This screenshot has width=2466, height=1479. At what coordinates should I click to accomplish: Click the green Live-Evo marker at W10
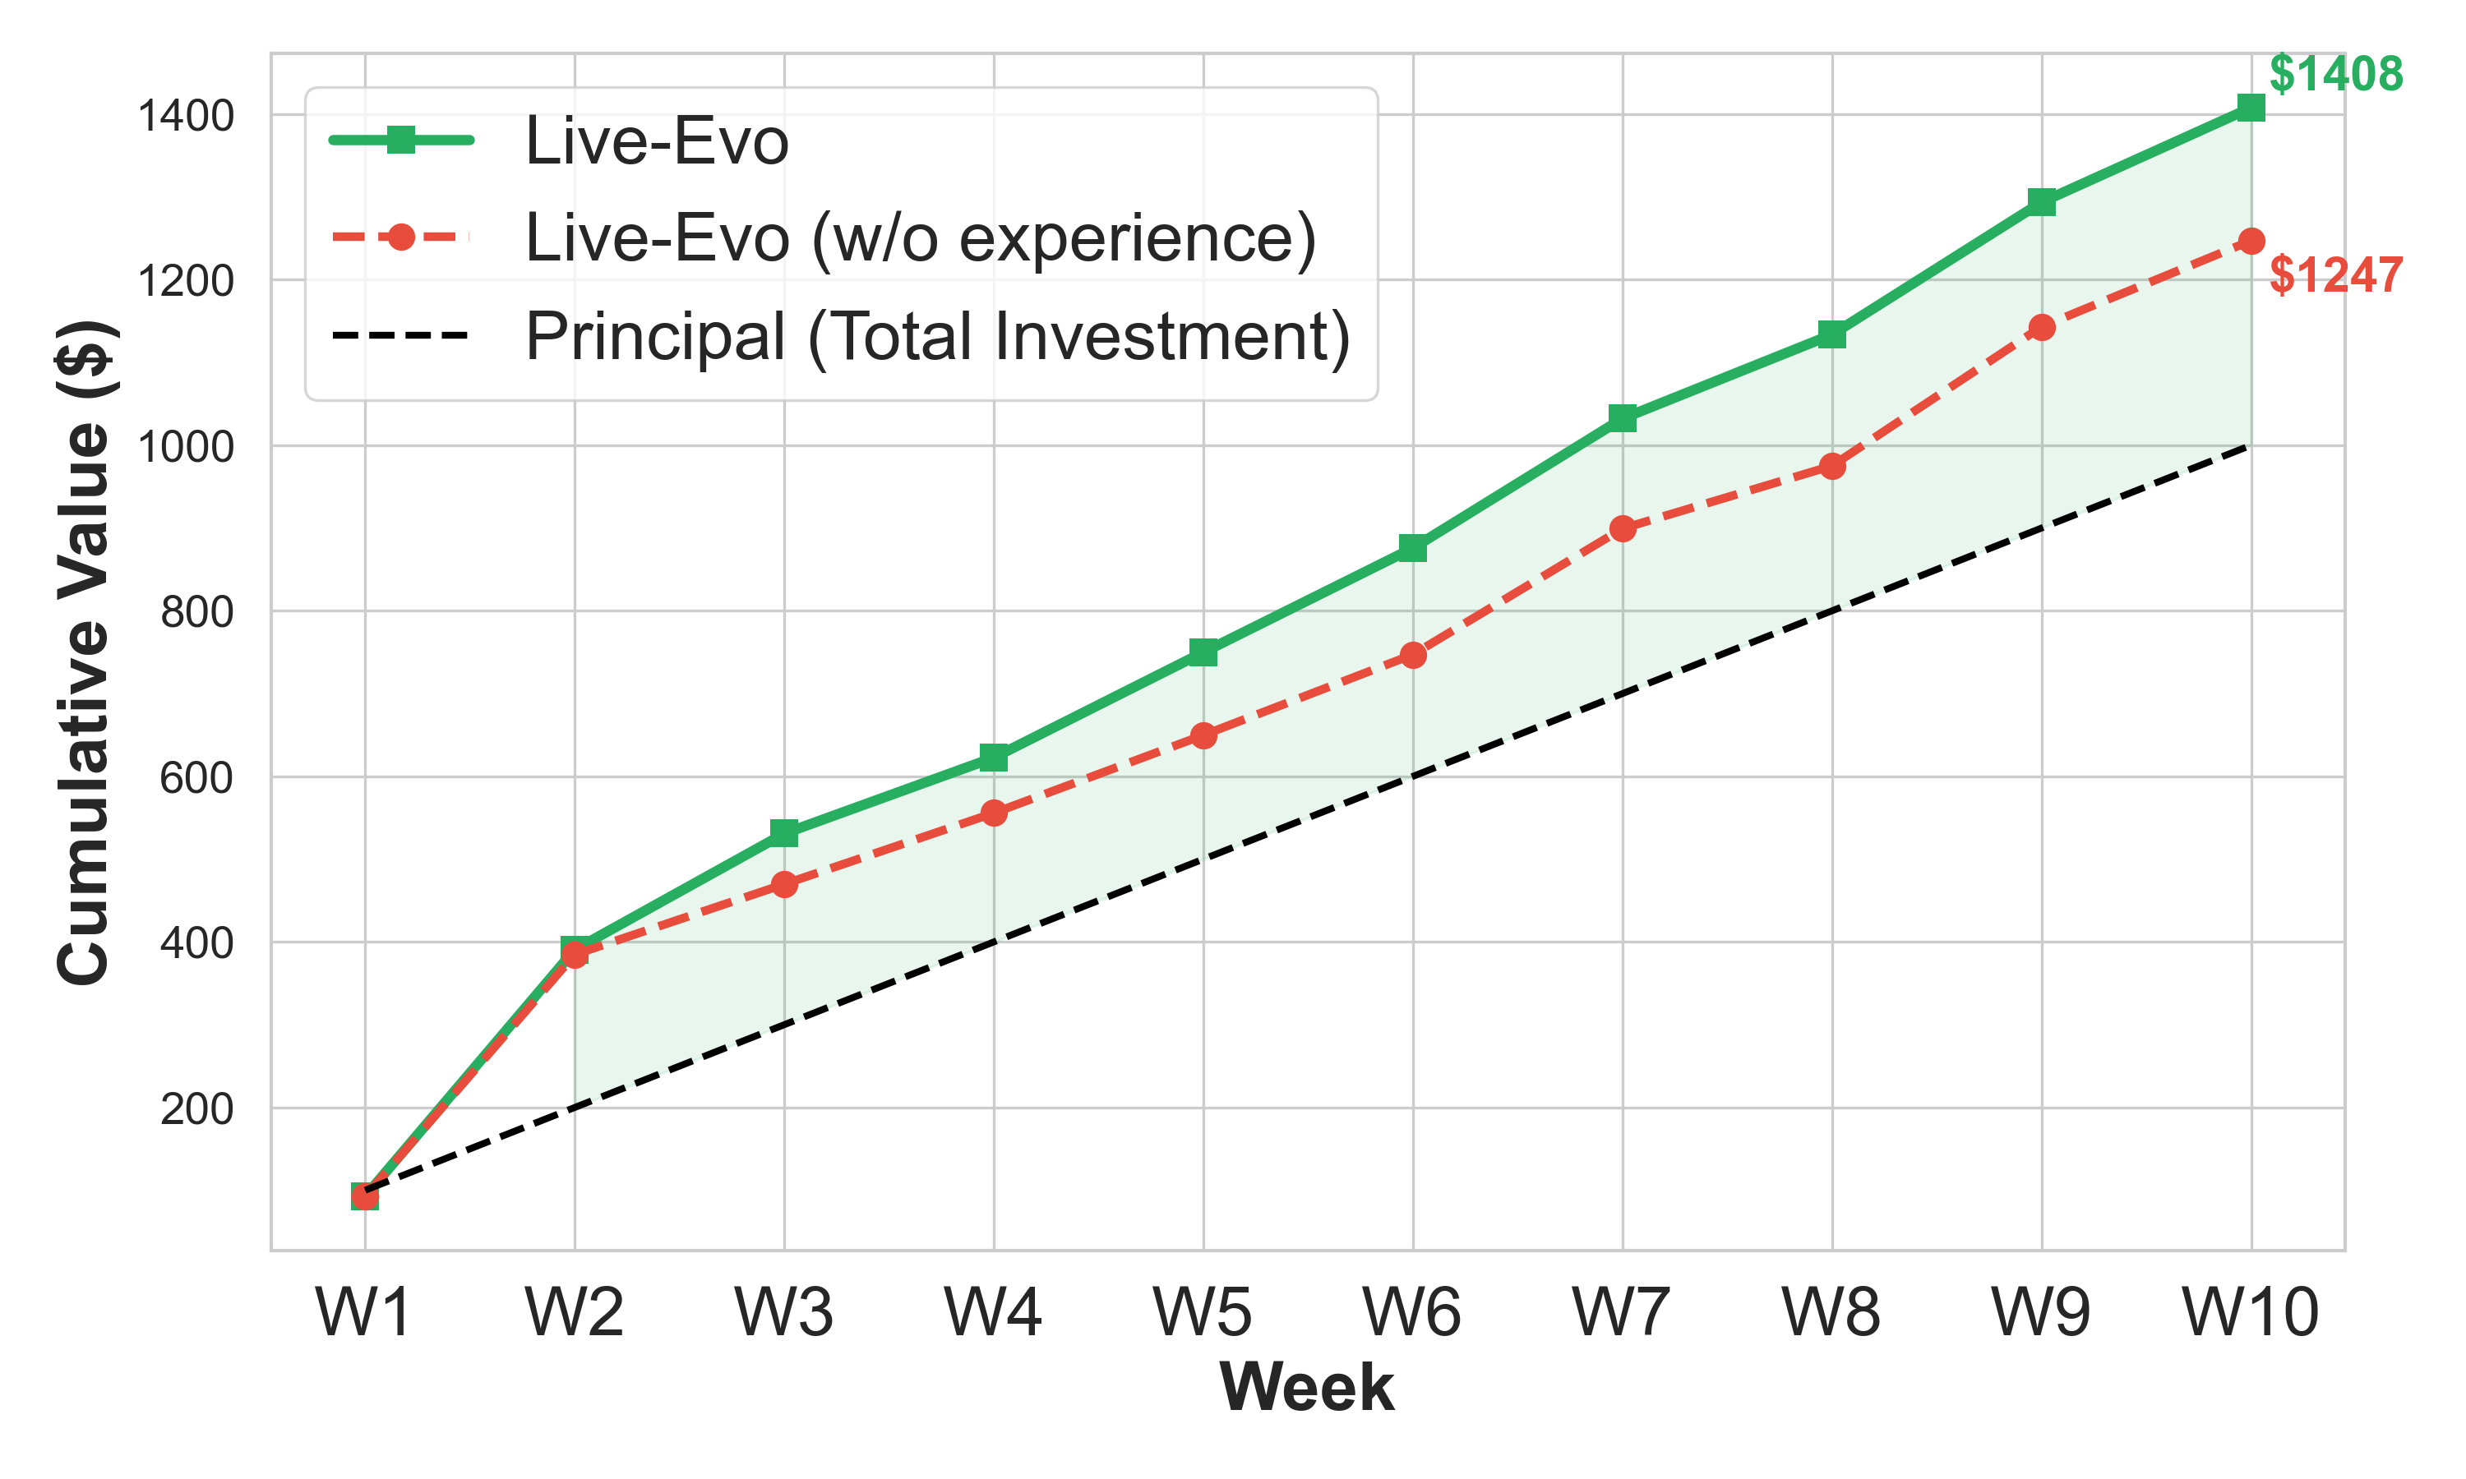[x=2250, y=108]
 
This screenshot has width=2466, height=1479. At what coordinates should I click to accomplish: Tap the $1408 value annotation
[x=2335, y=75]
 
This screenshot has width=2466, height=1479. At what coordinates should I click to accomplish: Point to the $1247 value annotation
[x=2335, y=275]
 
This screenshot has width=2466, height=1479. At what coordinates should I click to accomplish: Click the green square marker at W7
[x=1622, y=418]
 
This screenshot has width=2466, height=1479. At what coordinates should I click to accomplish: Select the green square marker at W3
[x=784, y=833]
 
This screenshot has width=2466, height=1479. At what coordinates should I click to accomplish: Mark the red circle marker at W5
[x=1203, y=736]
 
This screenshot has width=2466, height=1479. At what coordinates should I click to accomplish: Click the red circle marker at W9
[x=2041, y=327]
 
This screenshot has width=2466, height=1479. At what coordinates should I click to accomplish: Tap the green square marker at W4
[x=994, y=758]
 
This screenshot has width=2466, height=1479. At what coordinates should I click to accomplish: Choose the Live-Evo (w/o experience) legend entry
[x=919, y=238]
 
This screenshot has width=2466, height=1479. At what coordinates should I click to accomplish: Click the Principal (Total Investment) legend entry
[x=937, y=336]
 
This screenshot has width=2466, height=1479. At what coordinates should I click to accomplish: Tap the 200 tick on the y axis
[x=196, y=1109]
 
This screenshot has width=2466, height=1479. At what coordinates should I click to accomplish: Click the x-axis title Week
[x=1307, y=1387]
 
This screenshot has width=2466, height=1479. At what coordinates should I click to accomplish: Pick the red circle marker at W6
[x=1412, y=655]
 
